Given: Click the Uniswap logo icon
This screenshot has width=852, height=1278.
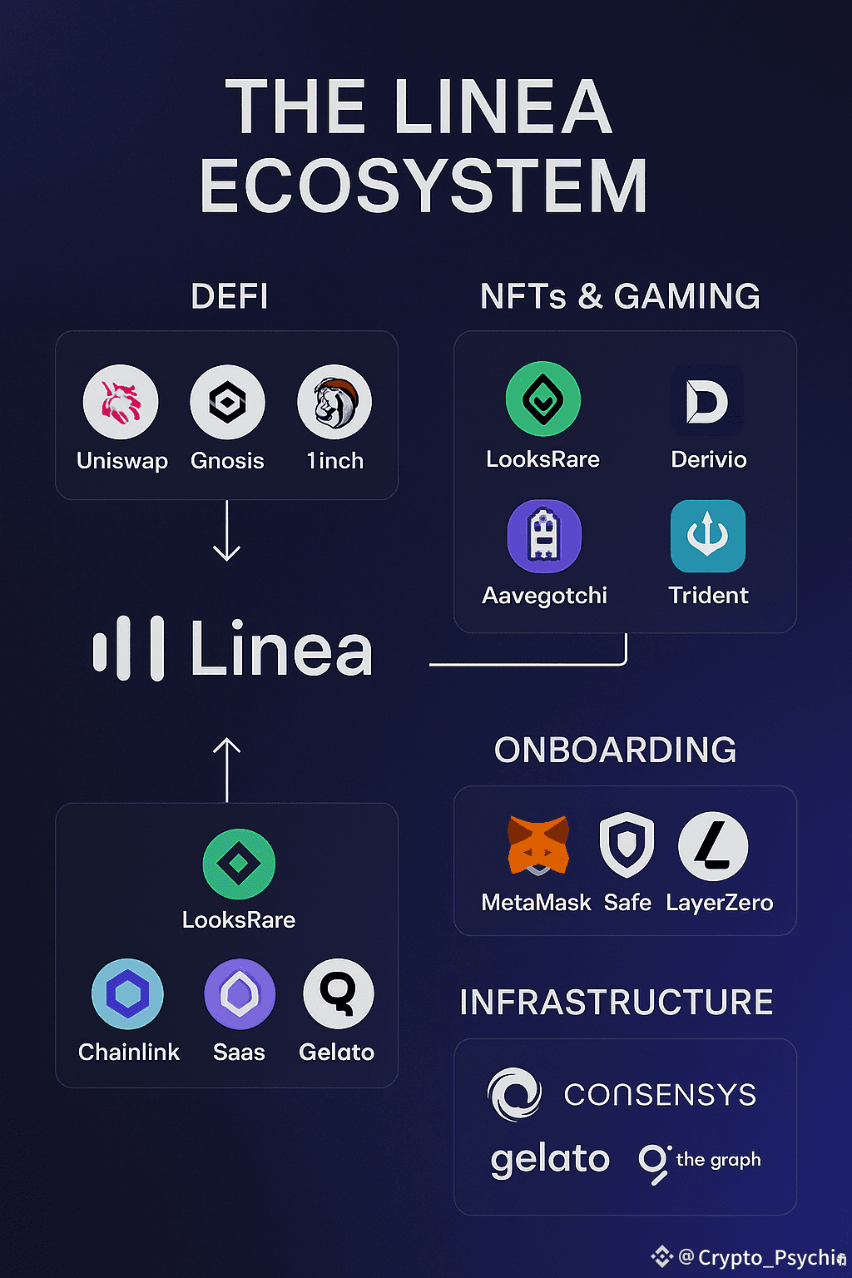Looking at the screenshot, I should [121, 402].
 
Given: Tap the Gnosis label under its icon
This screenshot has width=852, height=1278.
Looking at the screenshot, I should [227, 461].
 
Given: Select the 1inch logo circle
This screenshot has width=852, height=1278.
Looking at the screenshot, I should [334, 402].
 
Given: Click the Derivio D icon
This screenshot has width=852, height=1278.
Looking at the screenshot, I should [707, 401].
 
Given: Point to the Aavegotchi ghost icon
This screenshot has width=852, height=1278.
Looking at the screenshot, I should [544, 537].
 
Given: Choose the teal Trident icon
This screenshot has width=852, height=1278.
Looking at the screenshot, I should [708, 537].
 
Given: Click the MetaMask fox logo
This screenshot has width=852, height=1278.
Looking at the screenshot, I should [538, 845].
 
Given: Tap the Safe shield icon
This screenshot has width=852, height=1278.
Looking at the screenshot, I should [627, 845].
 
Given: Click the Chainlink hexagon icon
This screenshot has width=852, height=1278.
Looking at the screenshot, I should [127, 994].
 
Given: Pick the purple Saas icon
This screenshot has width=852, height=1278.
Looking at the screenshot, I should [240, 994].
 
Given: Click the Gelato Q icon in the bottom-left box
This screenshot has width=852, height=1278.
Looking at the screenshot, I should [338, 993].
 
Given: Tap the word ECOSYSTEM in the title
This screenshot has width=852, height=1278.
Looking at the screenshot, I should [424, 186].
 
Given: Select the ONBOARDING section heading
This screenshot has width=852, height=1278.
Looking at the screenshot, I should [616, 750].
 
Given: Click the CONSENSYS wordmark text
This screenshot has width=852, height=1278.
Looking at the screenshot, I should [660, 1095].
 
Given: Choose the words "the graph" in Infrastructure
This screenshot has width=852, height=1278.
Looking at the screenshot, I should [718, 1160].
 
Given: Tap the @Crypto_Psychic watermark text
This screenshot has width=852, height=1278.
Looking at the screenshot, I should [760, 1257].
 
